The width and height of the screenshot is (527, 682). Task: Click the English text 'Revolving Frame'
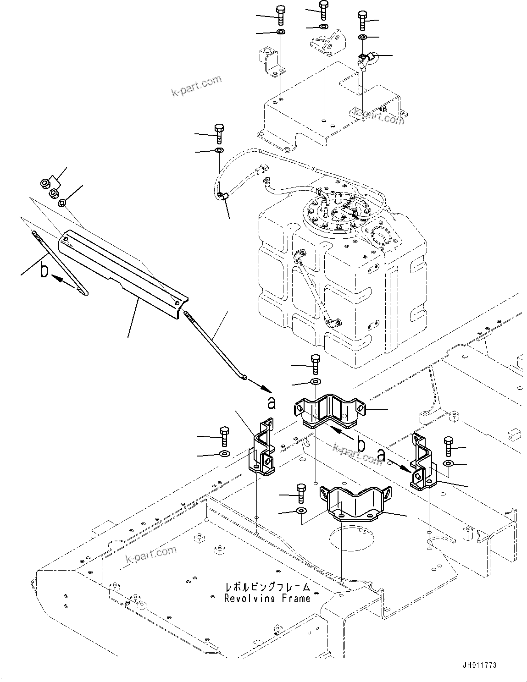pos(267,598)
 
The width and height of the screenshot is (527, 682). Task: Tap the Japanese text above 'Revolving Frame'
pos(267,587)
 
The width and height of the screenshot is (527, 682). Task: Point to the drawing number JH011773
pos(479,665)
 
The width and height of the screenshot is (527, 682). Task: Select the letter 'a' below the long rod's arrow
pos(272,402)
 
